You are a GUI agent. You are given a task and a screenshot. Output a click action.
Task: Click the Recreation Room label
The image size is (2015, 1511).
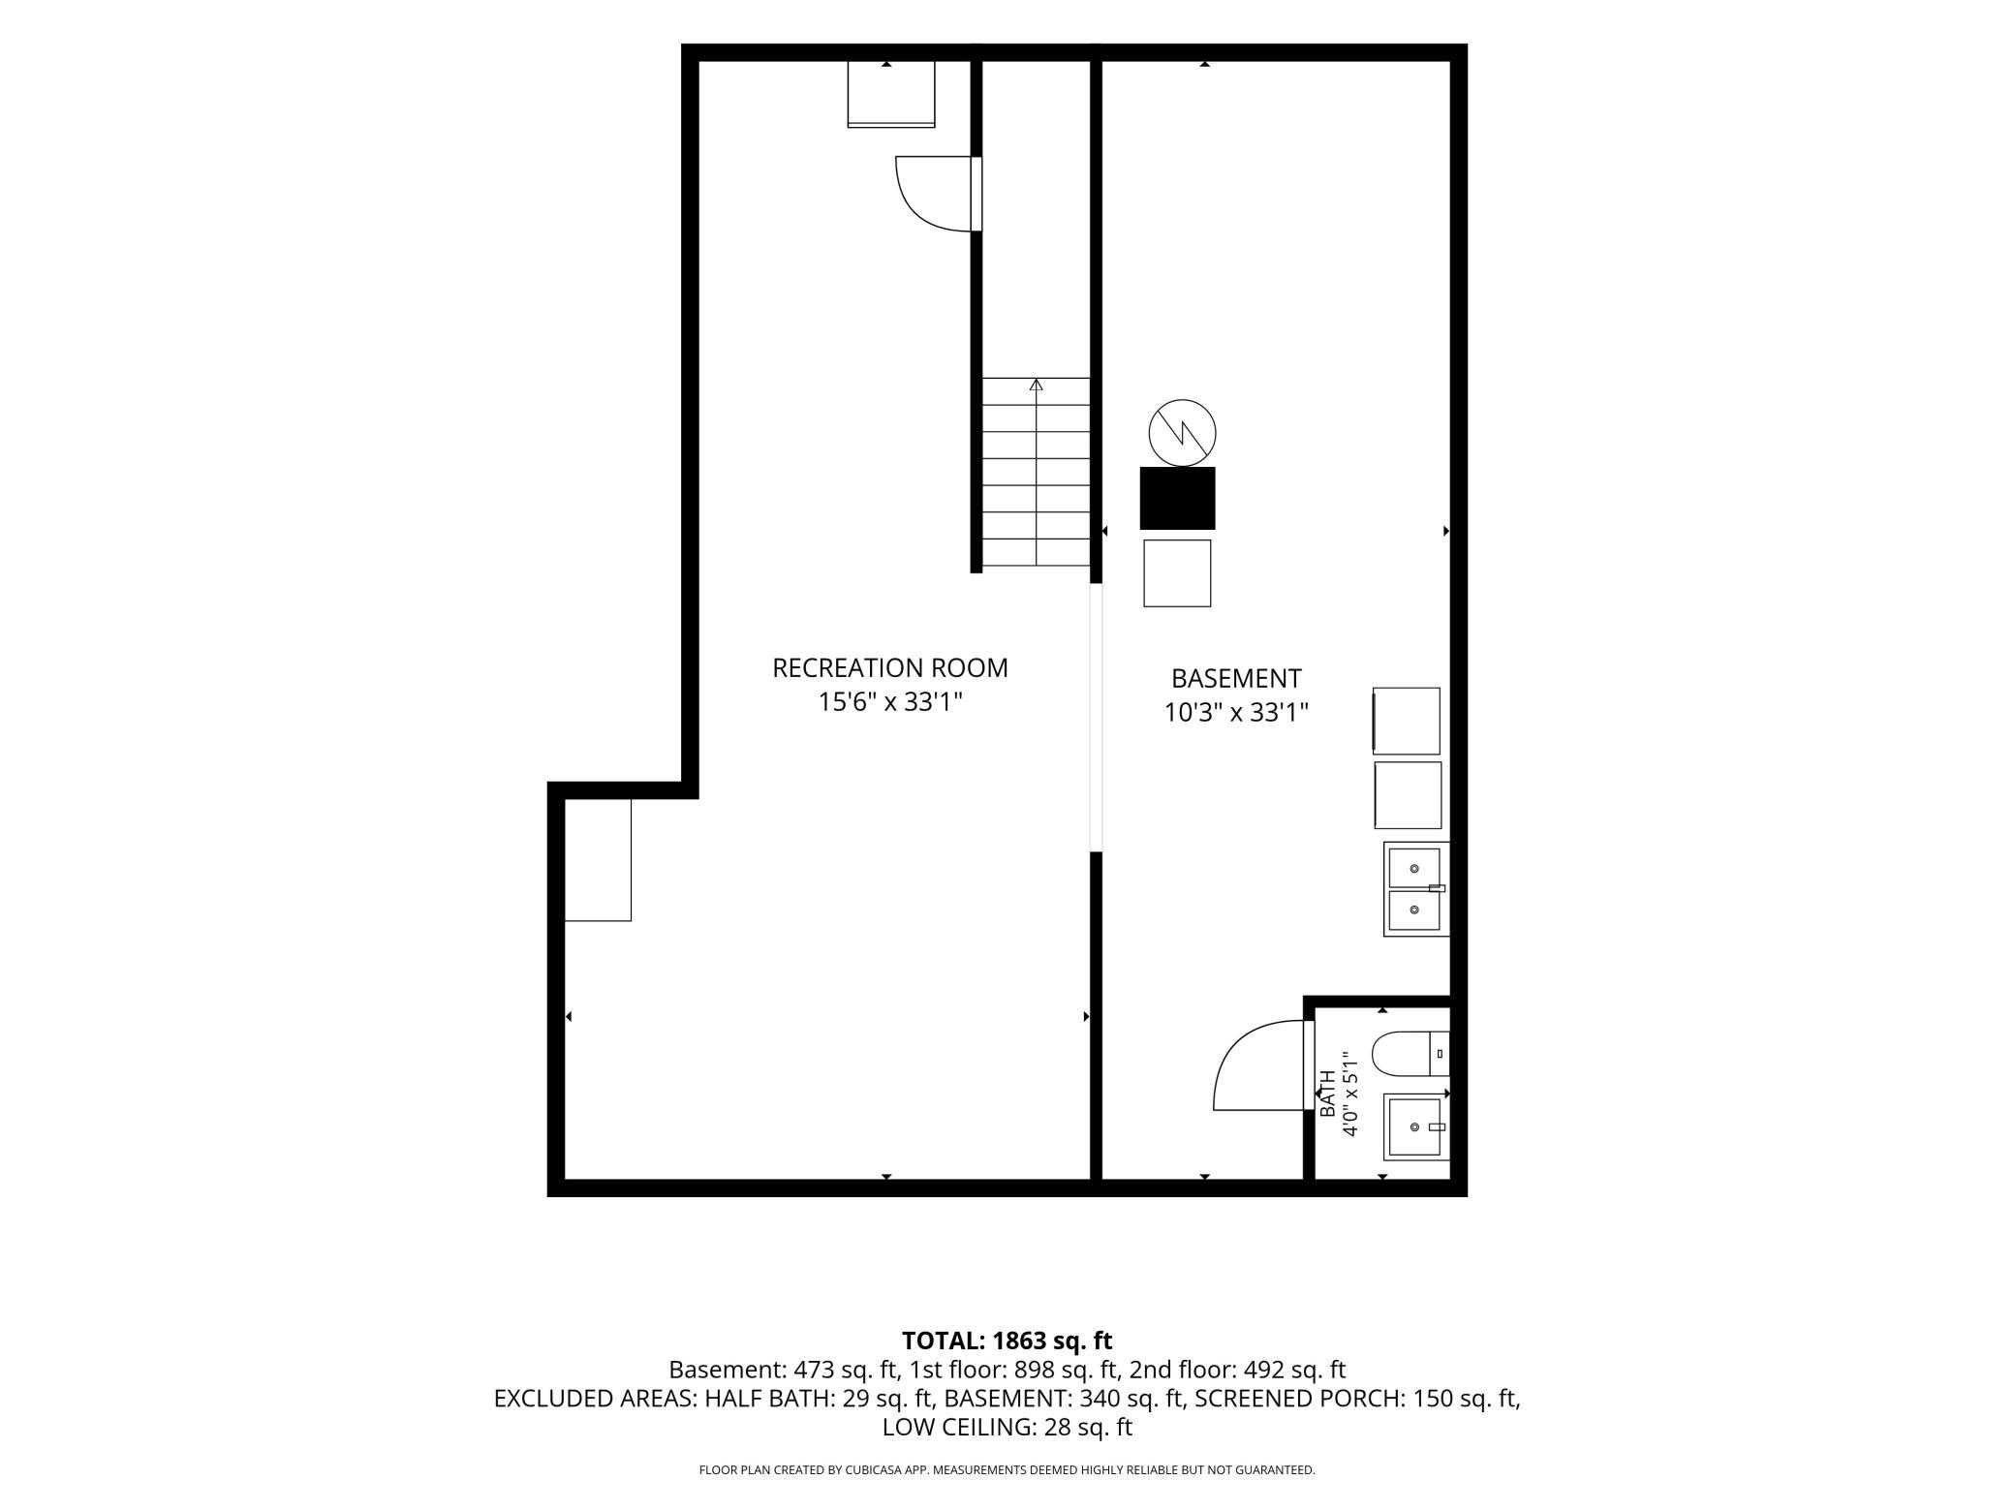click(x=889, y=668)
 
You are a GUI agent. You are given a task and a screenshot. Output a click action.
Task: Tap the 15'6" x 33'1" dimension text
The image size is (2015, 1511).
click(x=890, y=701)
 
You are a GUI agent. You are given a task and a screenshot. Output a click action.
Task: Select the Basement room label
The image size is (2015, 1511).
click(x=1236, y=678)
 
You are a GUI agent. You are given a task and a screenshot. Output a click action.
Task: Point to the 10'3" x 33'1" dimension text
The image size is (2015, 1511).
click(x=1236, y=713)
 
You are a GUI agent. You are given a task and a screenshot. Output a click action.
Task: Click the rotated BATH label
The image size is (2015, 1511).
click(x=1327, y=1094)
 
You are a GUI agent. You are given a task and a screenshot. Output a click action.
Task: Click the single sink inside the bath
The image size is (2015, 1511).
click(x=1416, y=1126)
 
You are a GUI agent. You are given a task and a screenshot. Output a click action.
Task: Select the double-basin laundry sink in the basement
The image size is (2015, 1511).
click(x=1416, y=889)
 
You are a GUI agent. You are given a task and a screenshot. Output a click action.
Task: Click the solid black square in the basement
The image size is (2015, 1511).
click(x=1177, y=498)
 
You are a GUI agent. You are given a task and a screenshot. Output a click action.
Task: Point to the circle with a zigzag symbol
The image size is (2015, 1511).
click(x=1182, y=432)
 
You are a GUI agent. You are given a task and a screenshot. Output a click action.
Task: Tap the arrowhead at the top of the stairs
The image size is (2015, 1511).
click(x=1037, y=385)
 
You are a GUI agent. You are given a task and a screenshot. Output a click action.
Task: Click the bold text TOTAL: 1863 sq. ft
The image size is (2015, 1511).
click(x=1007, y=1341)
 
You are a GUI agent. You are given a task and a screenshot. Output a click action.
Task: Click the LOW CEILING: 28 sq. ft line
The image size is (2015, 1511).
click(x=1007, y=1427)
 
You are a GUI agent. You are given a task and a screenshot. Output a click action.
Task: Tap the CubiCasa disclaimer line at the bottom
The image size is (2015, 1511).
click(x=1007, y=1470)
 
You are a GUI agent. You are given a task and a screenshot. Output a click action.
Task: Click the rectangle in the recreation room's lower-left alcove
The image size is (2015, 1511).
click(x=598, y=860)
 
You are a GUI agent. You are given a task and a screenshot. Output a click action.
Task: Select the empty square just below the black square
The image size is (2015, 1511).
click(x=1177, y=573)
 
